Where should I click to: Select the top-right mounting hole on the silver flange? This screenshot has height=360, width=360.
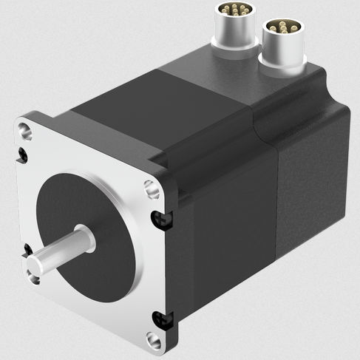point(152,191)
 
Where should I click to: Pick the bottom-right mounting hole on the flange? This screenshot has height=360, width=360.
point(153,340)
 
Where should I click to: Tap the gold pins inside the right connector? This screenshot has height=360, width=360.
point(281,27)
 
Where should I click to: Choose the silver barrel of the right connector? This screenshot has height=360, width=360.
point(281,47)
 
